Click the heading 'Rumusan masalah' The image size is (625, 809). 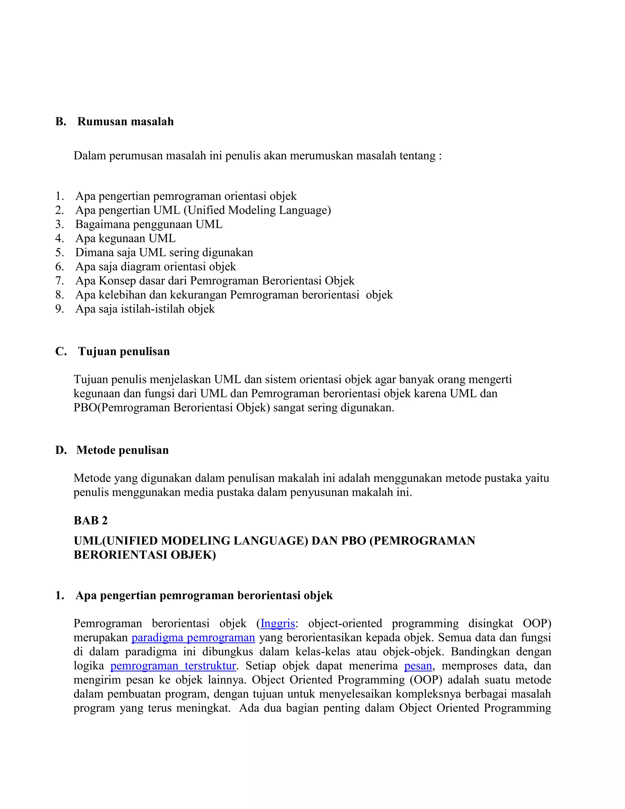[125, 122]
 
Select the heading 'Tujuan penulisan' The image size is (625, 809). [124, 351]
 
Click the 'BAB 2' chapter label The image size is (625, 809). [90, 521]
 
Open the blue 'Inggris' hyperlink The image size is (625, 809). [278, 623]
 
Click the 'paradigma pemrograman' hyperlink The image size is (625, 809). [193, 637]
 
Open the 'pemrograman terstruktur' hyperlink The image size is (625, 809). [173, 666]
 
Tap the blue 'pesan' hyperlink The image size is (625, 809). [418, 666]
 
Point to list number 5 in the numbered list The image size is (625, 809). [60, 253]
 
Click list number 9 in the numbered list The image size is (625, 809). [60, 309]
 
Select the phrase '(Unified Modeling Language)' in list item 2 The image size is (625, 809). [257, 210]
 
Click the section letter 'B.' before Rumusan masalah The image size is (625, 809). [61, 122]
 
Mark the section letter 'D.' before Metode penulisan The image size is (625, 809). [61, 450]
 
